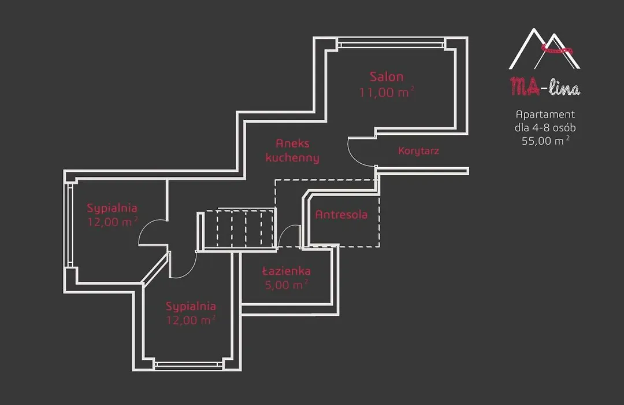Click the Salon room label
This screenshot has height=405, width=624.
(386, 76)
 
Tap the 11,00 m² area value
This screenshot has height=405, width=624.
(387, 92)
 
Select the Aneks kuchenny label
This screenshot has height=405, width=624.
(292, 150)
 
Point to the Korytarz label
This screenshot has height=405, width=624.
(418, 150)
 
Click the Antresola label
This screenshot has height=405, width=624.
(341, 215)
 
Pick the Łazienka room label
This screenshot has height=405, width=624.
(286, 271)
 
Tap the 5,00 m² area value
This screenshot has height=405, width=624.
(286, 285)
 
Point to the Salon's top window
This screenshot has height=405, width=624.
(391, 43)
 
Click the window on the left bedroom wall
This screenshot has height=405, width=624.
(69, 225)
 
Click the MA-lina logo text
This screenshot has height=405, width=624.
(545, 87)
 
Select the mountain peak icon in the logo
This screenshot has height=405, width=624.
(544, 49)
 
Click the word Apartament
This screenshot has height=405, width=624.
(545, 115)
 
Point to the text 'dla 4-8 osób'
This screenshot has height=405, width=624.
(545, 127)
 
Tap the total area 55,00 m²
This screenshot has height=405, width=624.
(545, 141)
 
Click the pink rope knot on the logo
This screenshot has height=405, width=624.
(557, 50)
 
